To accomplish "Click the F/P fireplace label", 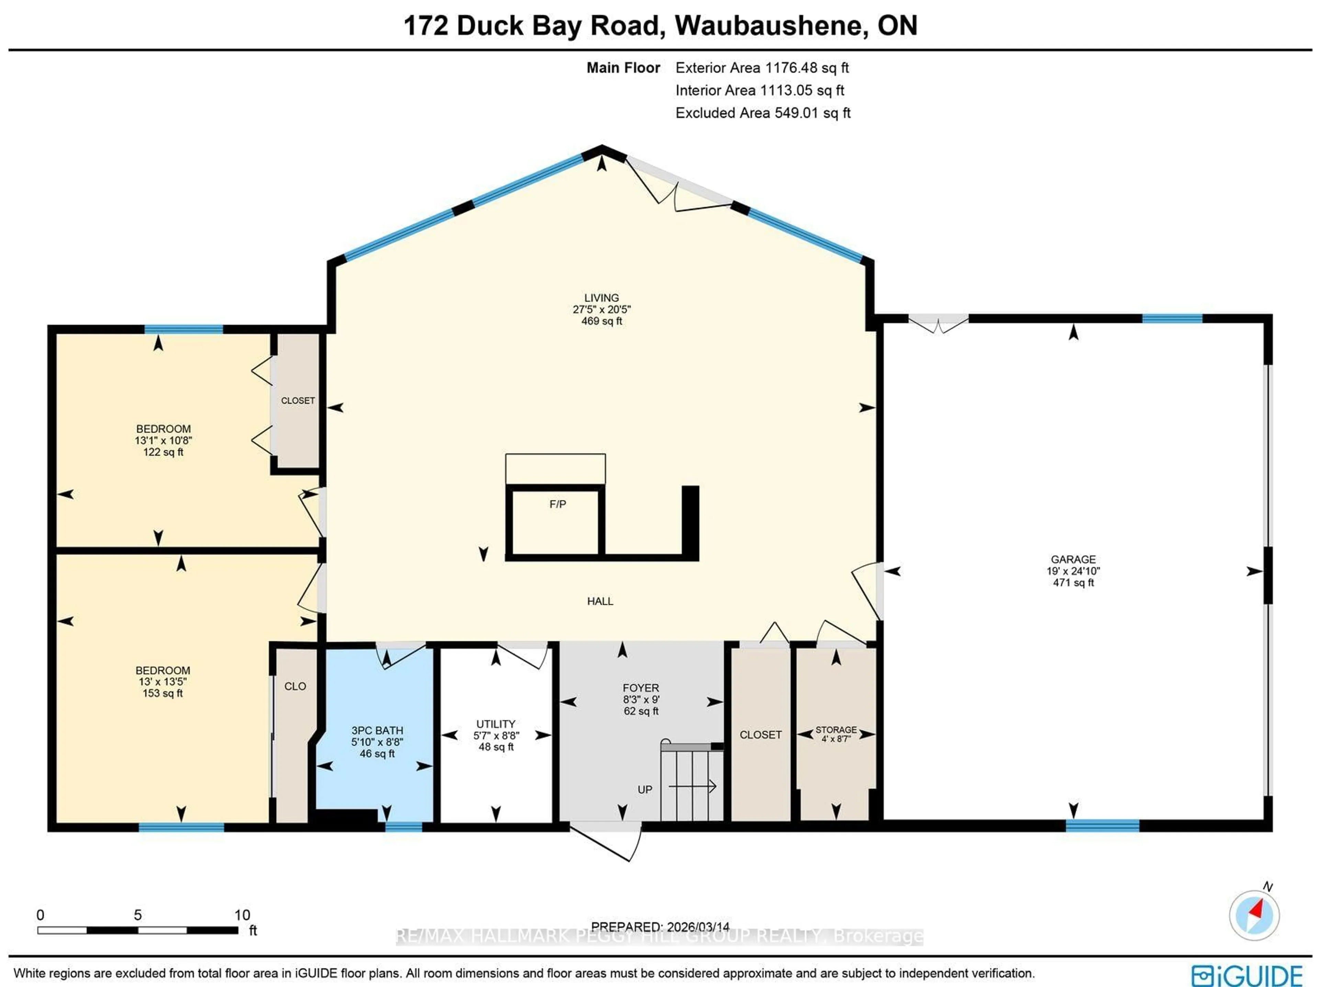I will coord(557,504).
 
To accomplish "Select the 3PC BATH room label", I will coord(377,730).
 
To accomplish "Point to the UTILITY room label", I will coord(496,724).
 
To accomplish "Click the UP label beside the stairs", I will coord(645,789).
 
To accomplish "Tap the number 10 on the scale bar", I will coord(242,915).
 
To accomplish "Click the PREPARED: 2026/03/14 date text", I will coord(660,927).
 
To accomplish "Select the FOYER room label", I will coord(641,687).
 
